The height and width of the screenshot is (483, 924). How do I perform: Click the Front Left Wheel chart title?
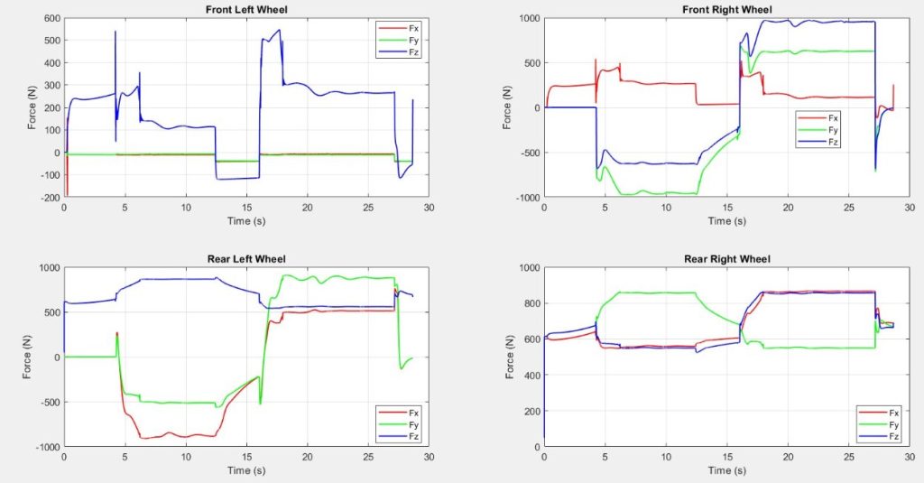click(245, 10)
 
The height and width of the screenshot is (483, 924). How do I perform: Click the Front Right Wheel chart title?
click(725, 10)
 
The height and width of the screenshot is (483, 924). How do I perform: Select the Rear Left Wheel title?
click(245, 260)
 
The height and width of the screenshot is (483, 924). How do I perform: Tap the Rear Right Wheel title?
click(725, 260)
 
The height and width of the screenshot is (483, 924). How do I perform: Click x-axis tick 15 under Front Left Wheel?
click(245, 207)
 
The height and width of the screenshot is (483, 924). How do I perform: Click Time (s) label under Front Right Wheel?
click(725, 220)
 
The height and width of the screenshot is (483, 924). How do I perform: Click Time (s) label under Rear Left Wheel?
click(245, 470)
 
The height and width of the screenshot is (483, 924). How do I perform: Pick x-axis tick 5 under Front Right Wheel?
click(605, 207)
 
